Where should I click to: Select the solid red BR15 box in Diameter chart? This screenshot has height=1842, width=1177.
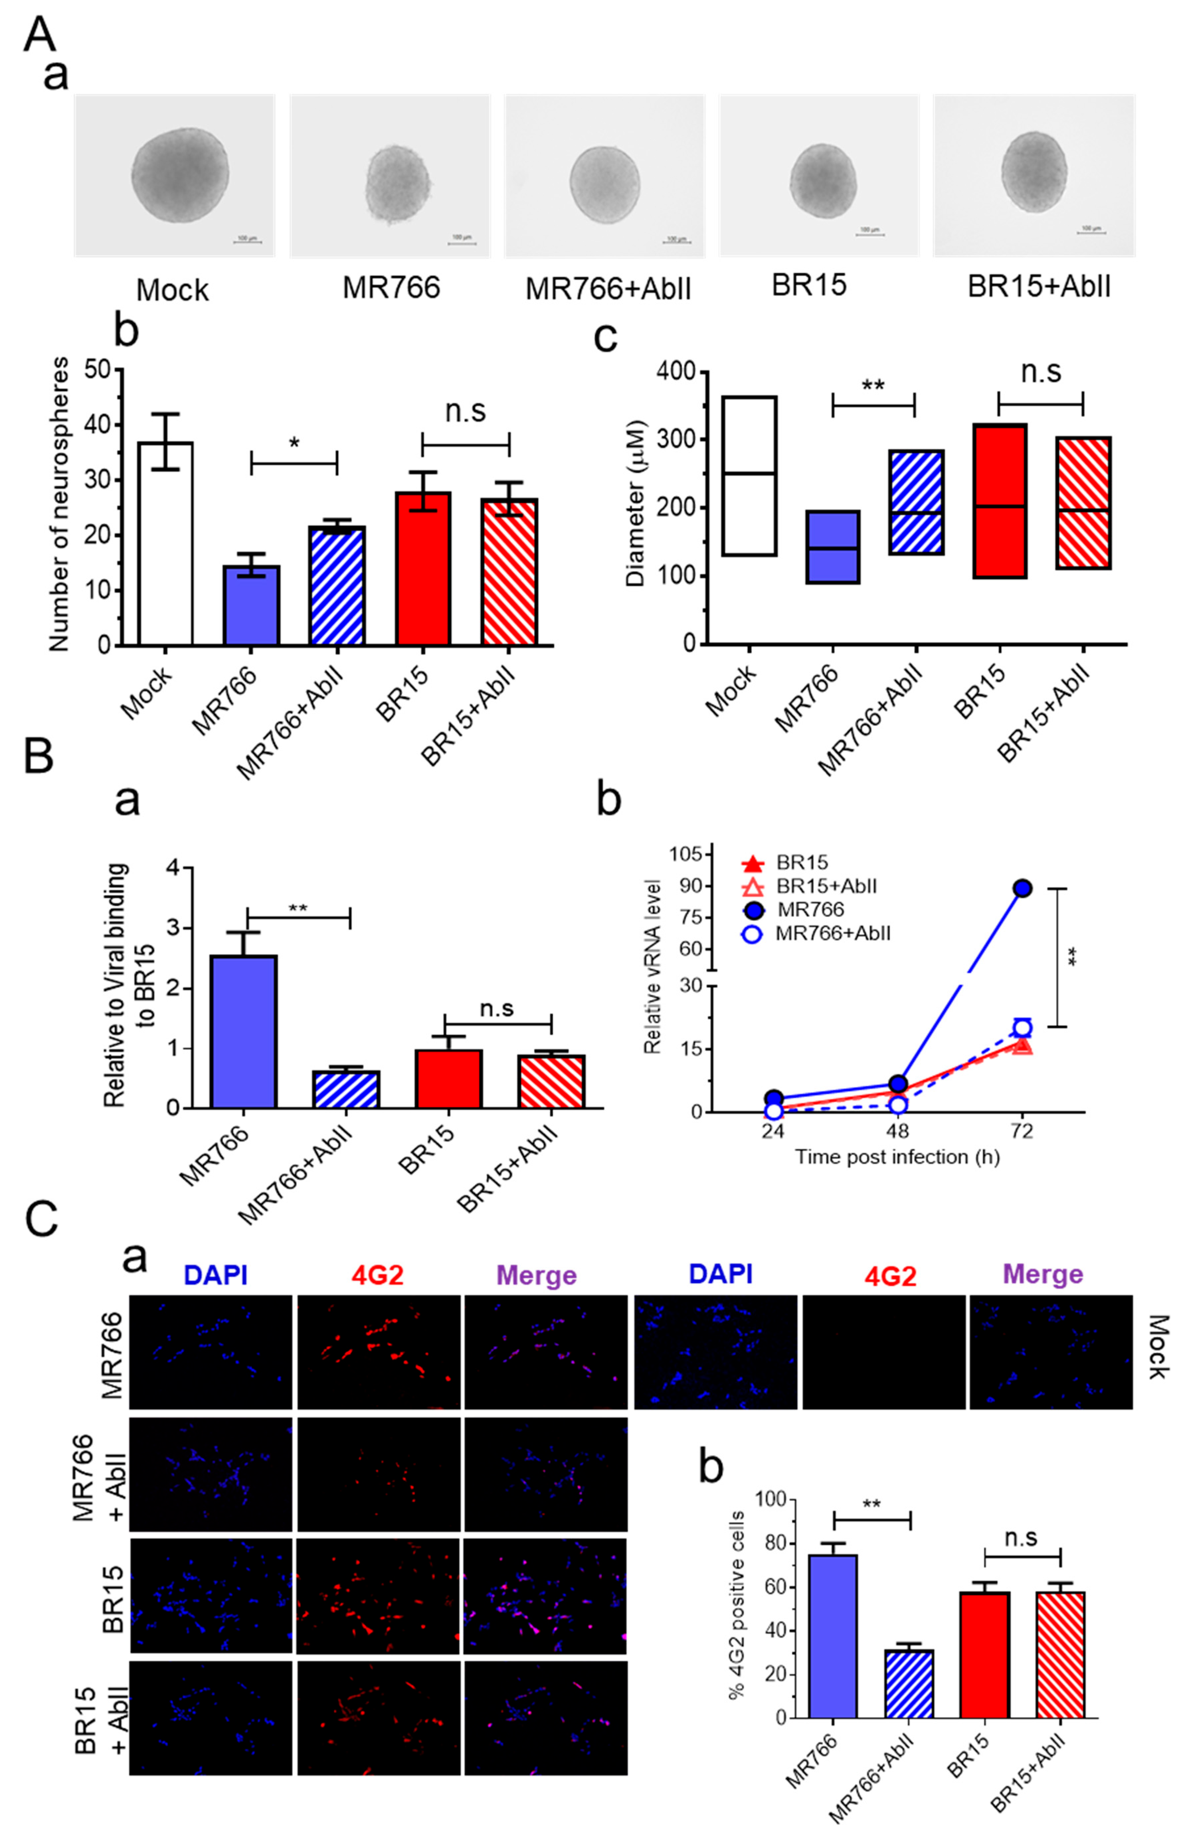tap(1000, 501)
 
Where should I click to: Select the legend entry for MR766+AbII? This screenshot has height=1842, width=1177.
tap(832, 933)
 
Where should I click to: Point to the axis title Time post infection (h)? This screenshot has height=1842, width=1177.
tap(896, 1157)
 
